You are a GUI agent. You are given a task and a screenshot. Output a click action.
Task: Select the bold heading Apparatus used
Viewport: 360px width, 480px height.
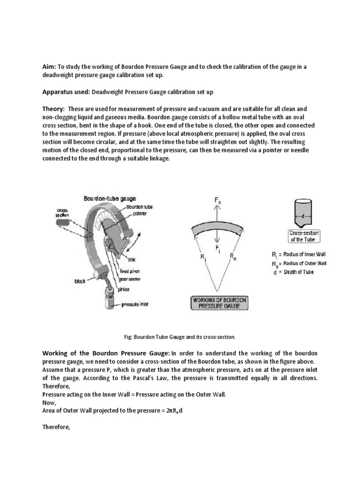[x=66, y=92]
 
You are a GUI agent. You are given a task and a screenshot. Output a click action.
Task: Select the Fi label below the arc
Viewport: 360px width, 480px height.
[x=218, y=247]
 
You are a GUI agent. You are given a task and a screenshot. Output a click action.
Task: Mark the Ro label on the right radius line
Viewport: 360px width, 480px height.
[x=233, y=256]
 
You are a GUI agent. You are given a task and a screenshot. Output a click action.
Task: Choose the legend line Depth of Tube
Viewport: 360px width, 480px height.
[x=293, y=272]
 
